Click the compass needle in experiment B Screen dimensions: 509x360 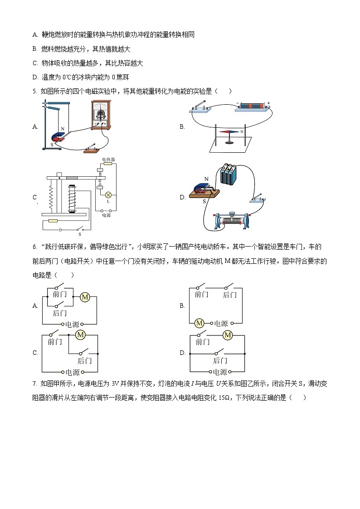click(229, 132)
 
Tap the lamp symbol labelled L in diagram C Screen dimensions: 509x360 click(108, 194)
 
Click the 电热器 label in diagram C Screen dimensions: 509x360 click(108, 160)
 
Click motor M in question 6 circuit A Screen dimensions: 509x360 click(84, 297)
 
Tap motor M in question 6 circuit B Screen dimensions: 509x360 click(199, 323)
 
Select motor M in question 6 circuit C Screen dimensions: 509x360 click(81, 335)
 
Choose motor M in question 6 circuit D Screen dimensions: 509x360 click(228, 335)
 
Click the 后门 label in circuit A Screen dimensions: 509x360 click(59, 313)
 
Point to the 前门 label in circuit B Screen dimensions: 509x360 click(201, 295)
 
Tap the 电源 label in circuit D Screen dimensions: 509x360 click(220, 372)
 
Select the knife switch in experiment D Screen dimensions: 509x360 click(258, 199)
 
